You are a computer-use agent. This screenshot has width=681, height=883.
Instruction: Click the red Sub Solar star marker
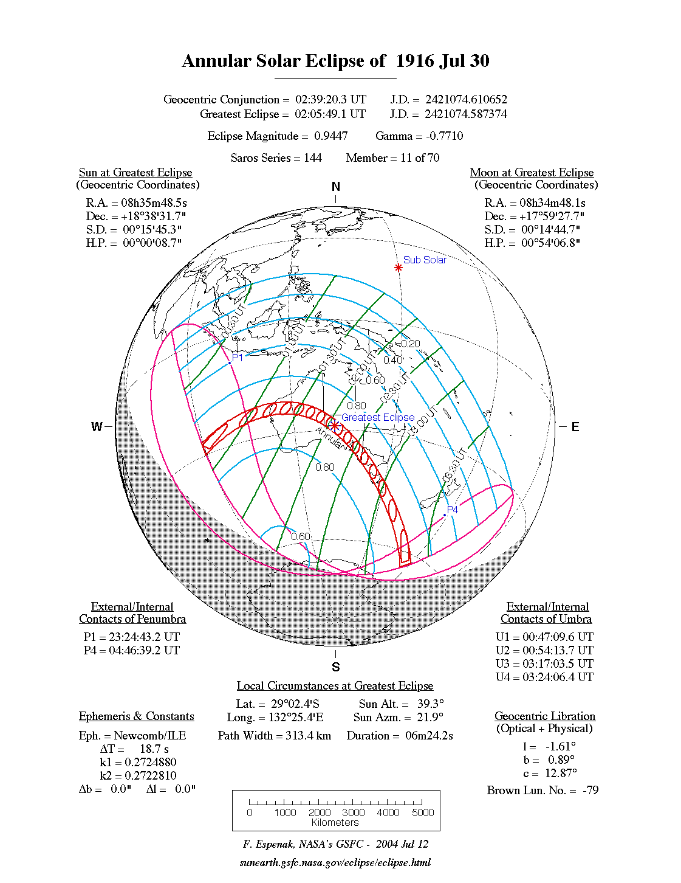399,268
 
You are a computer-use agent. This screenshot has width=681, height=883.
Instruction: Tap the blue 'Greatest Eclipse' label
378,417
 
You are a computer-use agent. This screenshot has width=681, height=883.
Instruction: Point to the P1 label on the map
238,358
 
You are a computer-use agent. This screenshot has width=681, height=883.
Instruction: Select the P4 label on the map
453,510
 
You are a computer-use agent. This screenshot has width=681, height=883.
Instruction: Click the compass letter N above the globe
336,187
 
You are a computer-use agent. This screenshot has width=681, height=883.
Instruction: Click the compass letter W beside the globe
97,427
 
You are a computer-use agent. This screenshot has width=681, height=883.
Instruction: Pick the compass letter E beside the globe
575,427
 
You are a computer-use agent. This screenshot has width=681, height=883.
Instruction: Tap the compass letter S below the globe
336,667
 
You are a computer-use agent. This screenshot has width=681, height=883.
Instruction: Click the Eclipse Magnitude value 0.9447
331,136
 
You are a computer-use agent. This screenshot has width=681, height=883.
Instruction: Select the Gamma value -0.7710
445,136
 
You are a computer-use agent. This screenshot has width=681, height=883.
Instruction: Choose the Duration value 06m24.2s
429,736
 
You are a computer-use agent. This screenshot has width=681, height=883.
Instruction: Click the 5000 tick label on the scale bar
423,812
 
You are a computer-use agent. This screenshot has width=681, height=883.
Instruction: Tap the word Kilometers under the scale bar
335,823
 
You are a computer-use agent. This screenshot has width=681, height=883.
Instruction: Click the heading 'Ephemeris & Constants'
136,716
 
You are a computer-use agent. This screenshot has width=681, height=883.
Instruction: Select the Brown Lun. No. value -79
590,791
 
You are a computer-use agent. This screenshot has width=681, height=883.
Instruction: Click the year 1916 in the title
416,61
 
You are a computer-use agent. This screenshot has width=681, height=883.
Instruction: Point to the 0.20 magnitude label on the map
411,344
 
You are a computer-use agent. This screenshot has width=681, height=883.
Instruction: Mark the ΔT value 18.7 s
154,749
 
